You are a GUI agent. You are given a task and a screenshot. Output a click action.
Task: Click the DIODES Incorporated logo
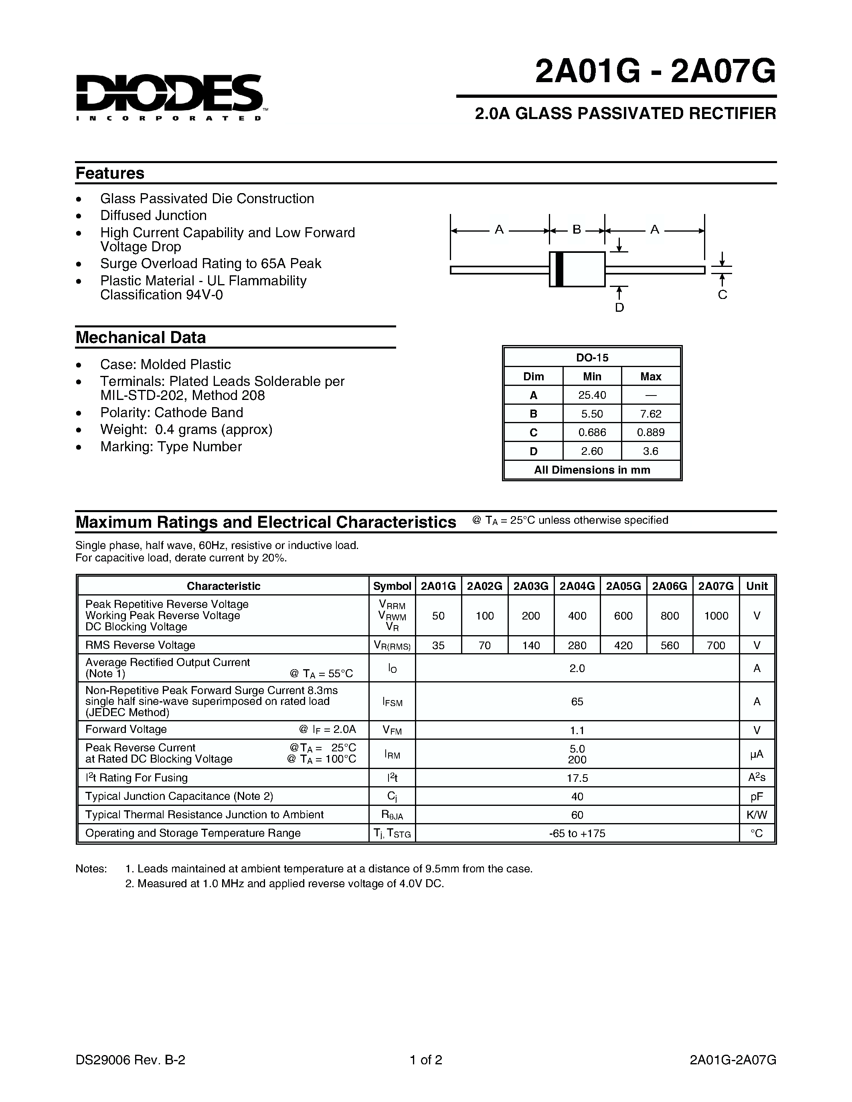[169, 96]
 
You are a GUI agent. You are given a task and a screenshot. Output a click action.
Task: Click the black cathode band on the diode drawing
[559, 269]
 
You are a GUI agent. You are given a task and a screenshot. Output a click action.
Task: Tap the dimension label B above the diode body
[577, 230]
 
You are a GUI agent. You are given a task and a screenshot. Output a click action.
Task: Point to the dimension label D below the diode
[619, 308]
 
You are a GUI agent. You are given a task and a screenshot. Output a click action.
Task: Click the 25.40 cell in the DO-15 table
[592, 395]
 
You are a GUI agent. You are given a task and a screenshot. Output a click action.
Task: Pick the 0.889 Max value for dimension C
[651, 432]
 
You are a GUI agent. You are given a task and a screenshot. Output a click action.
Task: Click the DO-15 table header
[592, 358]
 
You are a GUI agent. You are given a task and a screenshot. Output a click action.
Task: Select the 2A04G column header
[577, 586]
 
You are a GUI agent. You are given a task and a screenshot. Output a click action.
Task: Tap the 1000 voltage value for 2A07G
[716, 616]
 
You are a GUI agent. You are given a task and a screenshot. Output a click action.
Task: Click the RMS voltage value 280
[577, 645]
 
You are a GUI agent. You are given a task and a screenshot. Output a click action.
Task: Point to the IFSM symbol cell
[392, 702]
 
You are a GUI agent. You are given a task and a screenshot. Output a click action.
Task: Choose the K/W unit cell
[757, 815]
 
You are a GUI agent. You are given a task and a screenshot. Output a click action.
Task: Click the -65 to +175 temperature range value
[577, 834]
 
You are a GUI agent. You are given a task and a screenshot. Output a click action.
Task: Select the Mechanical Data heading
[141, 337]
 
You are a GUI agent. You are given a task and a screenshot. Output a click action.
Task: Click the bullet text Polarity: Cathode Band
[172, 413]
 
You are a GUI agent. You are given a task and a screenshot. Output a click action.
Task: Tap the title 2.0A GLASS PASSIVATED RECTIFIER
[625, 113]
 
